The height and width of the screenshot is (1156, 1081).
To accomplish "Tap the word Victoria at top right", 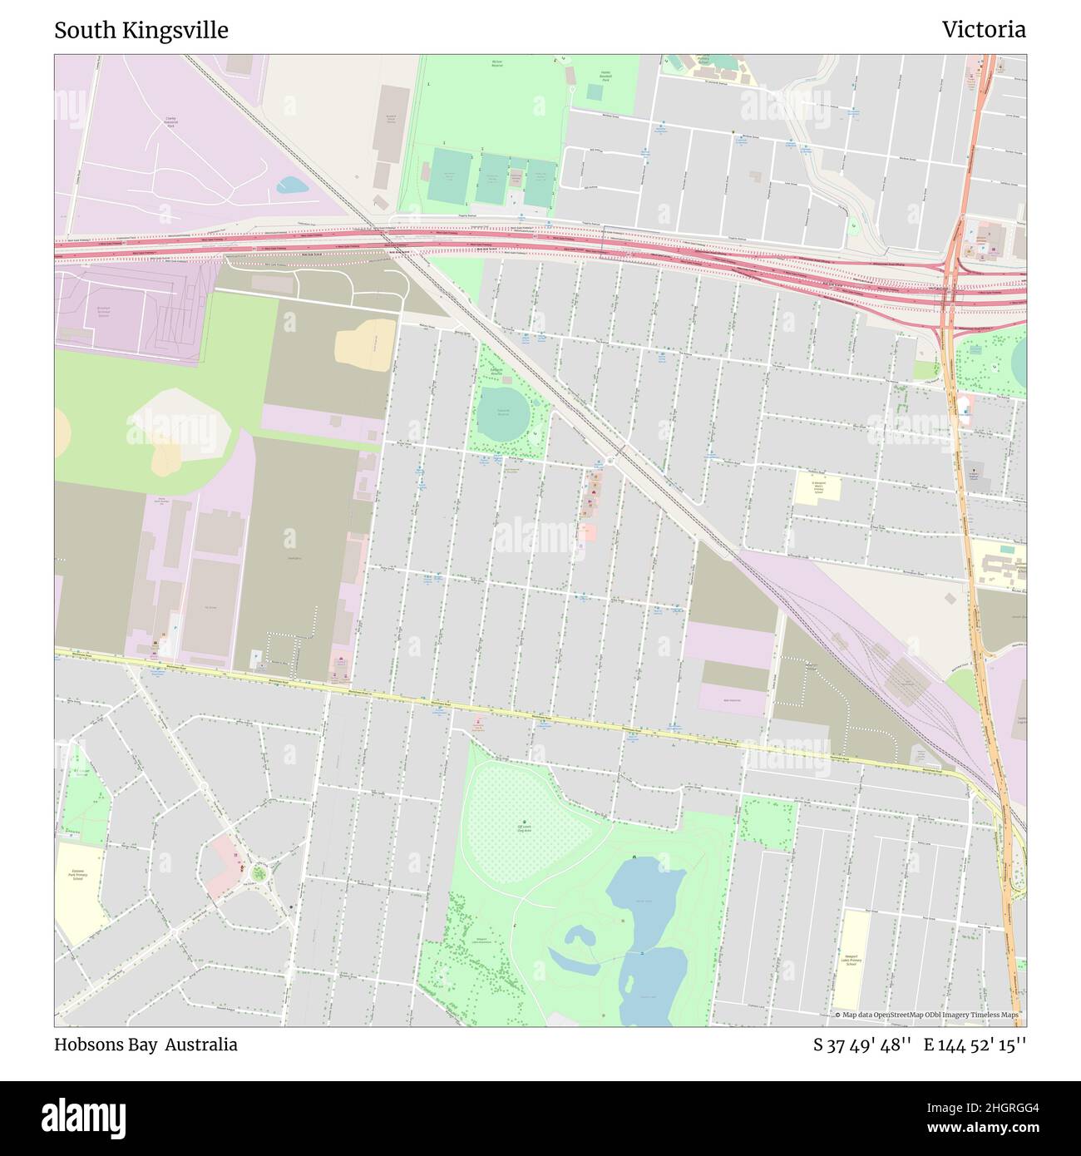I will tap(984, 30).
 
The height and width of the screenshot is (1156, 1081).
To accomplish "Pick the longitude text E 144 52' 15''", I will tap(975, 1045).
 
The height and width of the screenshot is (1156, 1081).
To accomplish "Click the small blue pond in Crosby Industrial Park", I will tap(293, 185).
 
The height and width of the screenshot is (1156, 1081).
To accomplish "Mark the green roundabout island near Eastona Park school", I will tap(259, 873).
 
